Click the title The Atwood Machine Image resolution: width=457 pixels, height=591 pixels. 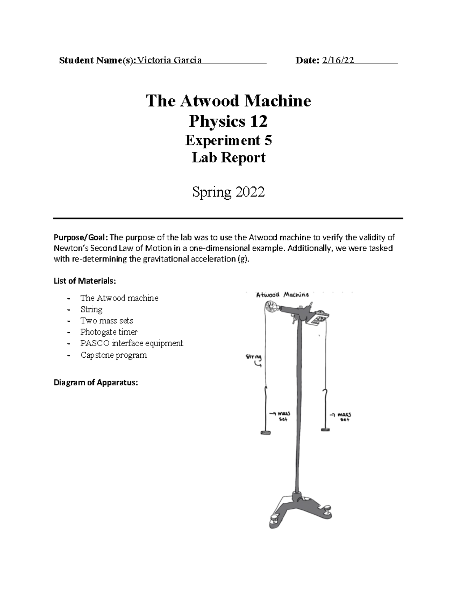[x=228, y=101]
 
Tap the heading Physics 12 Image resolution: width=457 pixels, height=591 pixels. [x=228, y=121]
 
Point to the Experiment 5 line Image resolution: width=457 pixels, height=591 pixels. [x=228, y=140]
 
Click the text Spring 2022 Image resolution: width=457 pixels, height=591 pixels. [x=228, y=192]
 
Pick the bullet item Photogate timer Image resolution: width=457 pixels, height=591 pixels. [x=109, y=332]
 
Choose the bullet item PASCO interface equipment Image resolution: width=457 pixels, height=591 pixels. [x=132, y=343]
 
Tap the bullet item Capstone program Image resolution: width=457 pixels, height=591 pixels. [x=113, y=355]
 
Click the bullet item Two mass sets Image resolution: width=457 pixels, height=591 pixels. [x=107, y=320]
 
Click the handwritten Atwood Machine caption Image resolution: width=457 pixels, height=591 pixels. [x=282, y=295]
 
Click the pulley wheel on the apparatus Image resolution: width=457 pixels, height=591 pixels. [x=272, y=306]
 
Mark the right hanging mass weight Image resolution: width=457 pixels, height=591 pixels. [x=325, y=430]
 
